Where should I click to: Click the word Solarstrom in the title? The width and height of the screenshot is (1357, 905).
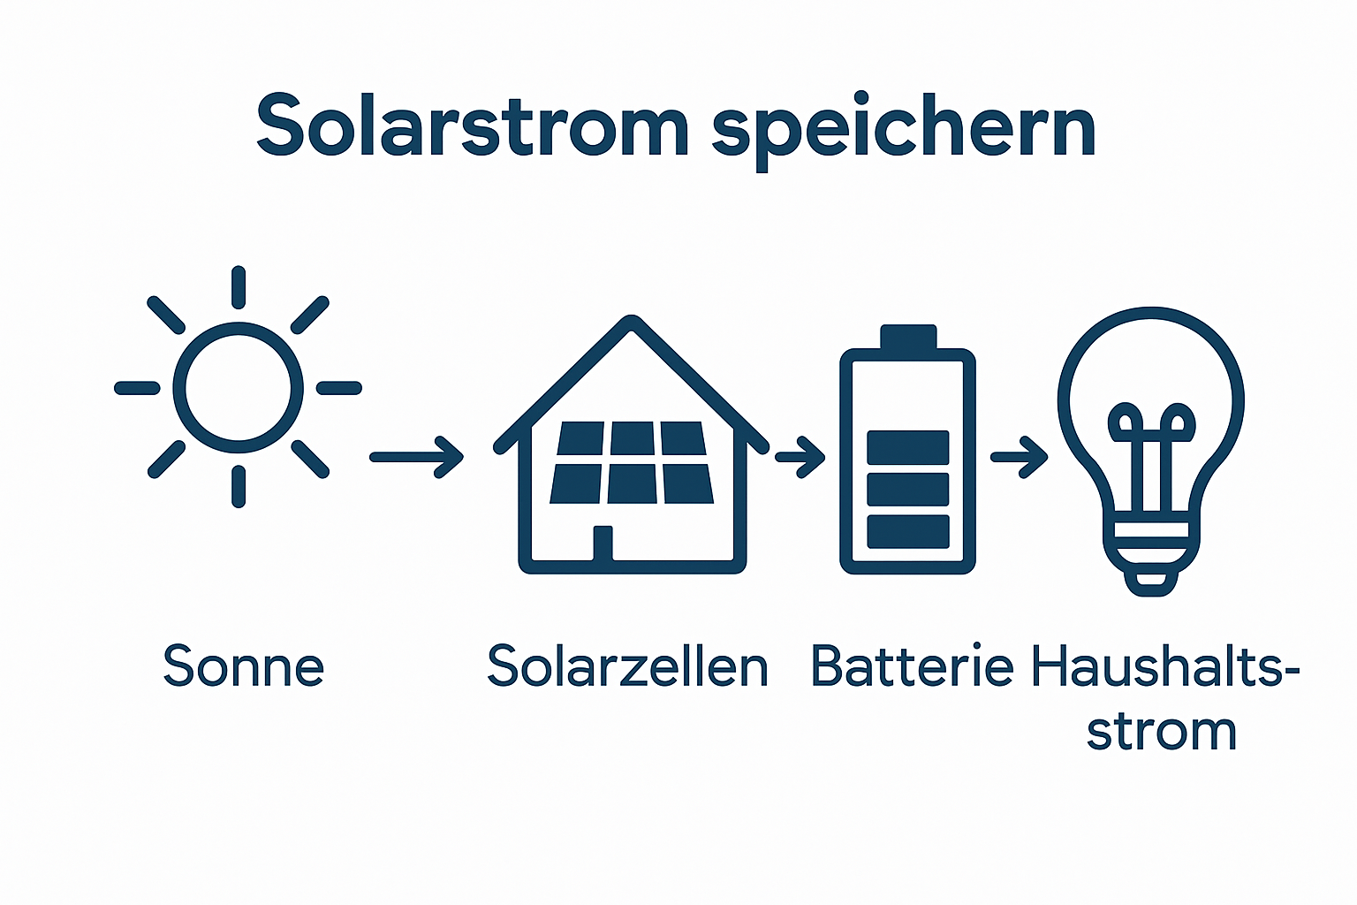[x=472, y=126]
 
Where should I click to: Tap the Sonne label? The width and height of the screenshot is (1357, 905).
[x=244, y=666]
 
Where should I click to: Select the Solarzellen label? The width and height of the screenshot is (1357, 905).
[x=627, y=666]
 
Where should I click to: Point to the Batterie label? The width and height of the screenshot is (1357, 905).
[x=912, y=666]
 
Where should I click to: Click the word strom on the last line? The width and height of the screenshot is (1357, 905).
[x=1161, y=732]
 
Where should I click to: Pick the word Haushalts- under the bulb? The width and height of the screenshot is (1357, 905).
[x=1164, y=666]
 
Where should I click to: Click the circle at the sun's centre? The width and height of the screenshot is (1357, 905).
[x=238, y=387]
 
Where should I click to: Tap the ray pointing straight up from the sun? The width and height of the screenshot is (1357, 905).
[x=238, y=287]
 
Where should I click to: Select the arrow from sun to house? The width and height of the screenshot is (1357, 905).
[x=416, y=457]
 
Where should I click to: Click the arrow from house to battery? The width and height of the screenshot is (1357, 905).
[x=800, y=457]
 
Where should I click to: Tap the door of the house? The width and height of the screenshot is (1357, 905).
[x=603, y=543]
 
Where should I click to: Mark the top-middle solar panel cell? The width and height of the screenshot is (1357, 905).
[x=633, y=438]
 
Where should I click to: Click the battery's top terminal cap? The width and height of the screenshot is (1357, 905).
[x=907, y=337]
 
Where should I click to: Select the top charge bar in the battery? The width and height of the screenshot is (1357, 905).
[x=907, y=447]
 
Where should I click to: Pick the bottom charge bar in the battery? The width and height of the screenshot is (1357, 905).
[x=907, y=531]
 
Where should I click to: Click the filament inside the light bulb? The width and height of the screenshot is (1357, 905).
[x=1151, y=442]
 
